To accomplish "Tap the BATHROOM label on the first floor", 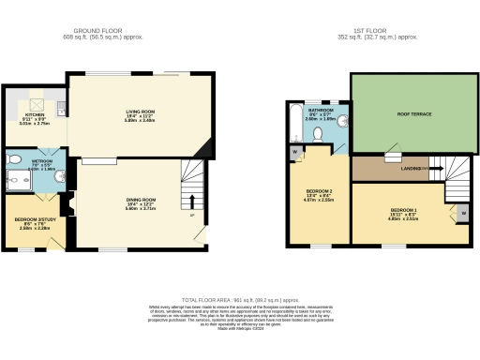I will pyautogui.click(x=316, y=111).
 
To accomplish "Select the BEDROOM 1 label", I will pyautogui.click(x=404, y=209).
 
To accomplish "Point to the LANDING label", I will pyautogui.click(x=411, y=169).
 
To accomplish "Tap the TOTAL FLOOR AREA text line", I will pyautogui.click(x=240, y=297).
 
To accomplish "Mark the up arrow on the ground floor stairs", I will pyautogui.click(x=191, y=201).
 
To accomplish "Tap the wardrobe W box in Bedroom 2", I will pyautogui.click(x=296, y=151).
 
